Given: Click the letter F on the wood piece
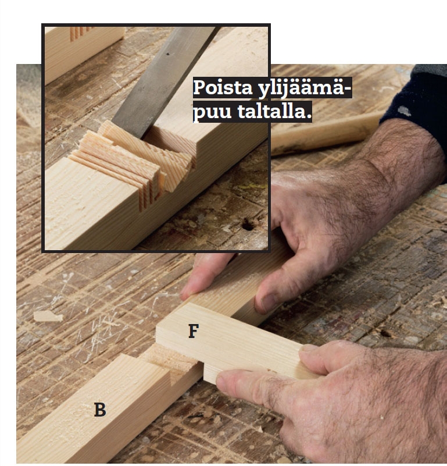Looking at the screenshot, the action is (x=194, y=331).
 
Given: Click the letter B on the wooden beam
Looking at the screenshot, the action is (x=100, y=410).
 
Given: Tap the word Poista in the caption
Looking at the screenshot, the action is (x=223, y=88).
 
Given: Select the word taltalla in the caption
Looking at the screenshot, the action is (x=274, y=112).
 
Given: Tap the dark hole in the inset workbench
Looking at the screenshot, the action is (x=248, y=225).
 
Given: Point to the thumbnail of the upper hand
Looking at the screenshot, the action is (x=267, y=303).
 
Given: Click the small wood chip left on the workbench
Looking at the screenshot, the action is (x=48, y=316).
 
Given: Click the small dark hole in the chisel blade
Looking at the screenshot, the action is (x=168, y=54).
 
